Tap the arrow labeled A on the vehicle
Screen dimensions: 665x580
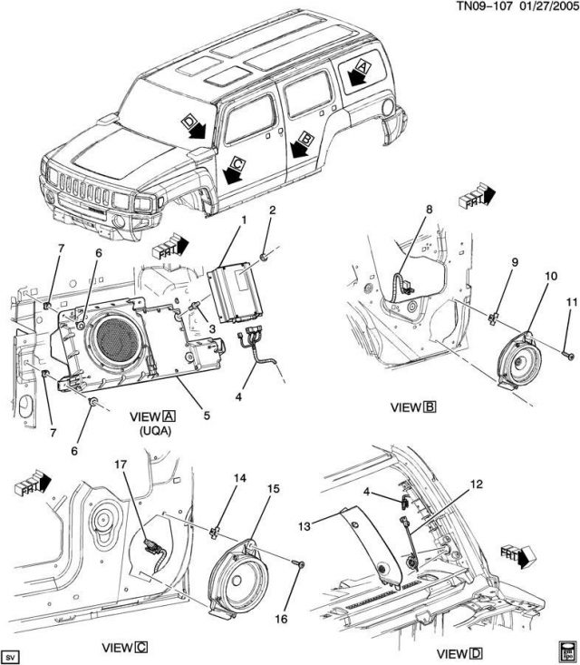tap(359, 73)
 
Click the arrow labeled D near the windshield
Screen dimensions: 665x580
tap(194, 127)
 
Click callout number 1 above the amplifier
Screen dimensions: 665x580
tap(242, 220)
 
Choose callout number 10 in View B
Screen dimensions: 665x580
tap(550, 276)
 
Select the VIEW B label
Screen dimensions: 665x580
tap(412, 407)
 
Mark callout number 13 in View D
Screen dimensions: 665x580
tap(305, 524)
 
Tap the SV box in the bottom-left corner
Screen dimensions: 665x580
tap(12, 655)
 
